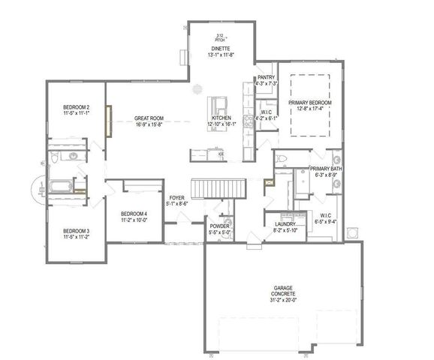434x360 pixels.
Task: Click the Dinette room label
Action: [x=220, y=48]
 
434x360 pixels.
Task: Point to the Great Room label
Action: [x=149, y=118]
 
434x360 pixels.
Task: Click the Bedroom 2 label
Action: [x=77, y=107]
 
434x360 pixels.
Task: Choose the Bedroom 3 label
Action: [x=77, y=230]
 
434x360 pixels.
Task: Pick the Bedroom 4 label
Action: [x=134, y=214]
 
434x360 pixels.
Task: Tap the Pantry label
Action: [x=266, y=77]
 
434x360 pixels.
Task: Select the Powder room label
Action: [x=219, y=226]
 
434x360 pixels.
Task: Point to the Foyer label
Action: [x=176, y=198]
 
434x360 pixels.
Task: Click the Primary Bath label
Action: [x=326, y=169]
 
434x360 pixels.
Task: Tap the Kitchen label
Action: [x=221, y=118]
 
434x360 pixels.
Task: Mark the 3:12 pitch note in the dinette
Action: [x=220, y=37]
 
